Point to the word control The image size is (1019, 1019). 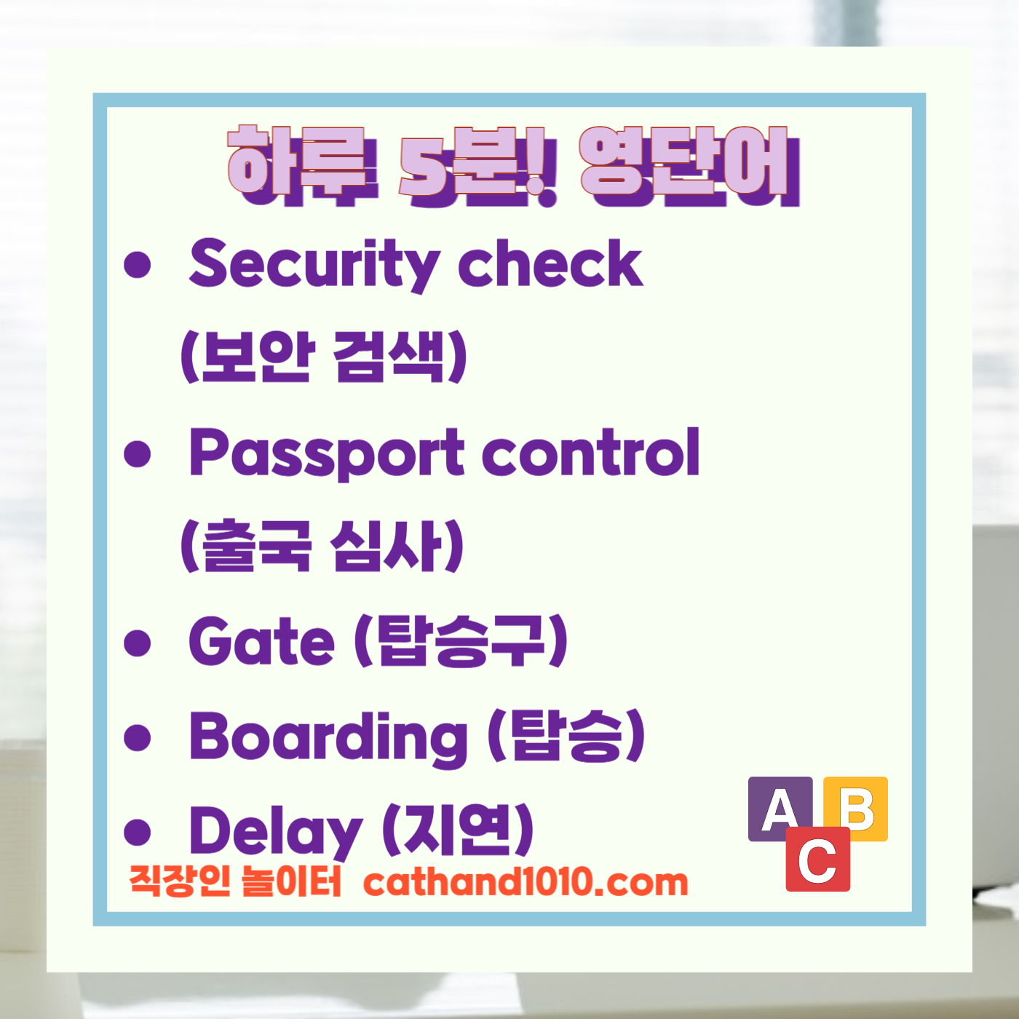click(x=590, y=453)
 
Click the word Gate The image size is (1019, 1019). click(x=261, y=641)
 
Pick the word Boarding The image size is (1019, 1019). click(x=328, y=737)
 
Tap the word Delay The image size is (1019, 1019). click(x=275, y=831)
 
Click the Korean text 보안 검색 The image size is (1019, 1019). click(x=324, y=357)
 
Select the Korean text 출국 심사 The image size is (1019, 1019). click(x=322, y=546)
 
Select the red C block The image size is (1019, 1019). click(x=817, y=860)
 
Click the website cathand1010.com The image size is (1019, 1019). click(x=526, y=882)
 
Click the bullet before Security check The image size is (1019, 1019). click(x=137, y=265)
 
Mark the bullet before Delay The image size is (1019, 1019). click(x=137, y=831)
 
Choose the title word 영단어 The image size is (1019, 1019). click(x=688, y=164)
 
